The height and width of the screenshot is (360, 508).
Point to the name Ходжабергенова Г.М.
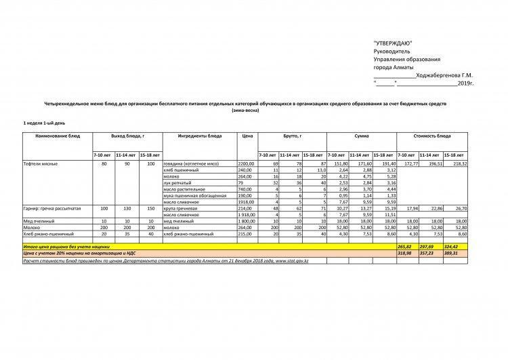(444, 75)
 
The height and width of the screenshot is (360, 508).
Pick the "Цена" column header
(247, 136)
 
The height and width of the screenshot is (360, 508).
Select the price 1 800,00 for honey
(245, 221)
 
